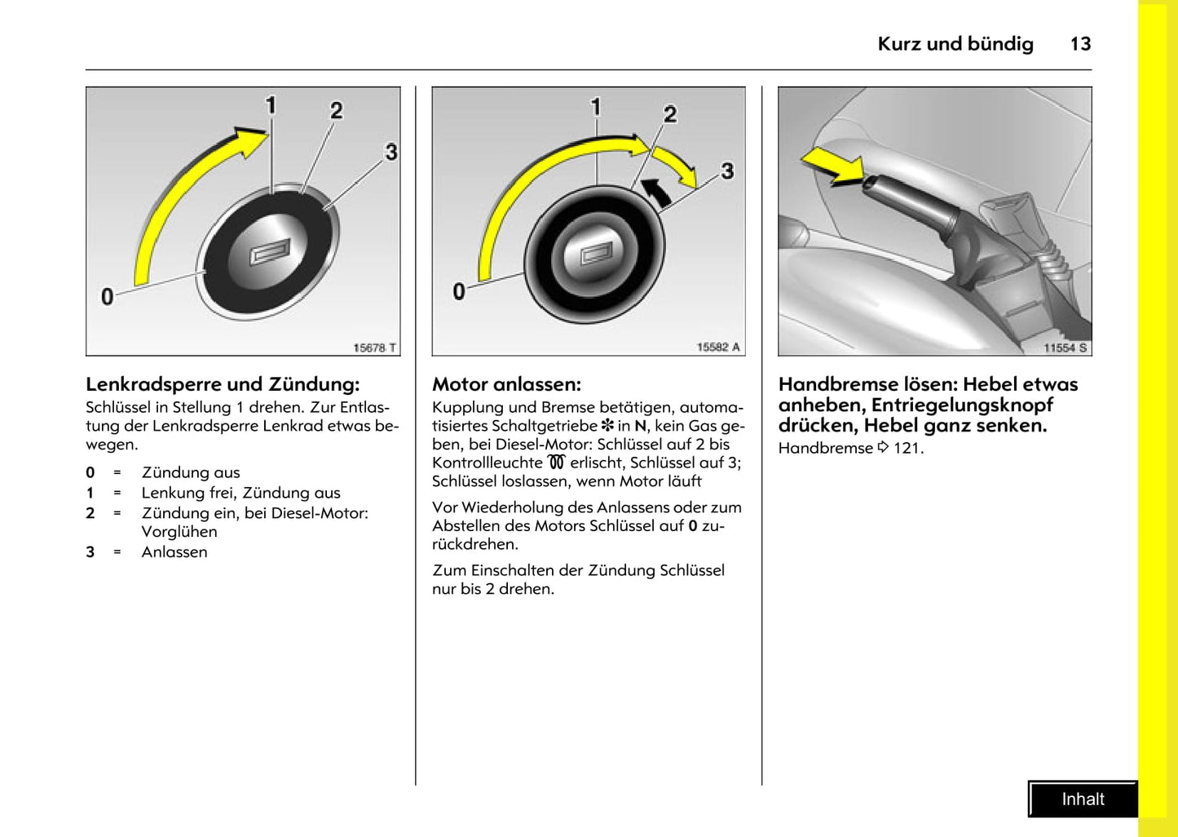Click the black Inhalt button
[x=1083, y=799]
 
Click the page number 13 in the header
[x=1080, y=44]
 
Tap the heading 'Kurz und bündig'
[x=955, y=44]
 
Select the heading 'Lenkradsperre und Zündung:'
[x=223, y=384]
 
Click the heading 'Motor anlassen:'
[x=506, y=384]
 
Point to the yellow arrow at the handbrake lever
[x=833, y=165]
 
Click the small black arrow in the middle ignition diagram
[x=657, y=192]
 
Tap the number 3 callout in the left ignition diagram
[x=391, y=153]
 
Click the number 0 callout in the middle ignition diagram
[x=459, y=291]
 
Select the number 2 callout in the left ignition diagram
[x=336, y=111]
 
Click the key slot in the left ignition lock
[x=270, y=254]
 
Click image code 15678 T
[x=374, y=348]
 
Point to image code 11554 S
[x=1065, y=348]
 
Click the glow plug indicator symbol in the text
[x=556, y=463]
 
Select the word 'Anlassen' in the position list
[x=174, y=552]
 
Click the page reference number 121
[x=907, y=448]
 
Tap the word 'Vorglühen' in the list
[x=179, y=532]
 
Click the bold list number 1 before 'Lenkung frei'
[x=90, y=493]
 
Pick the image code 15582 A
[x=718, y=348]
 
